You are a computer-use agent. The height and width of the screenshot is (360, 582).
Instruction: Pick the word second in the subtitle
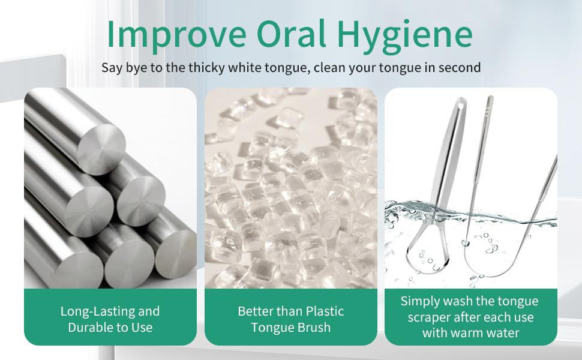tap(460, 67)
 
